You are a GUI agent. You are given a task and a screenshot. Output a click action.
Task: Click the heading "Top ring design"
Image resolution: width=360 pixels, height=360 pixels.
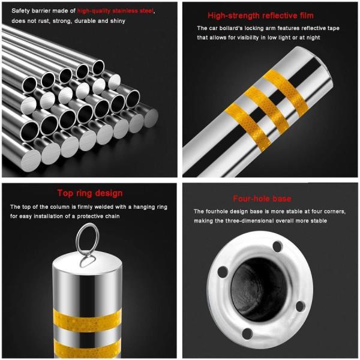coord(90,193)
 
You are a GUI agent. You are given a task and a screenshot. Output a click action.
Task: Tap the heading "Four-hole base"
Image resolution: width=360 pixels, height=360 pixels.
coord(262,199)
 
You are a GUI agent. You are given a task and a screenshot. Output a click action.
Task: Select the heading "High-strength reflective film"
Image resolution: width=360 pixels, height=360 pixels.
coord(260,16)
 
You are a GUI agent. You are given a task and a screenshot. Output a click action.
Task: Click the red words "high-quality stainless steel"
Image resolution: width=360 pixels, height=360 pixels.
coord(115,11)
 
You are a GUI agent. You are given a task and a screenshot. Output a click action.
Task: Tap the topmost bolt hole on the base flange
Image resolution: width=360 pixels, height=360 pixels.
coord(278,247)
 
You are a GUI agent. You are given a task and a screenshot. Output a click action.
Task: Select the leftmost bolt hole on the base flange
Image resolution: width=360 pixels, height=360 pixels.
coord(223,272)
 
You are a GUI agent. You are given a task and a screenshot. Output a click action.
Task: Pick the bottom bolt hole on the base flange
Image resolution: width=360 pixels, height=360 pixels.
coord(247,334)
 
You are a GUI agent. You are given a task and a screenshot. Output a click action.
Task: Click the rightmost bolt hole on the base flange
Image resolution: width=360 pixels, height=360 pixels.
coord(300,306)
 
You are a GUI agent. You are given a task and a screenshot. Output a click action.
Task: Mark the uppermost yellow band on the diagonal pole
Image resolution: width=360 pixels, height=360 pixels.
coord(286,93)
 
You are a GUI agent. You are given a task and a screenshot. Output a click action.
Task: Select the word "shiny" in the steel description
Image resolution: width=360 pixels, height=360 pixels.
coord(118,21)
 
